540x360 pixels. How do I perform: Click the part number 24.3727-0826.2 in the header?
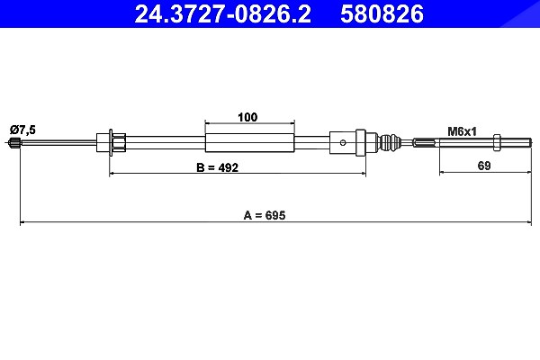(x=223, y=13)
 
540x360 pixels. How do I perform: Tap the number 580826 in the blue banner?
(x=382, y=13)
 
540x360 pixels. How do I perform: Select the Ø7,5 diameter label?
(x=22, y=130)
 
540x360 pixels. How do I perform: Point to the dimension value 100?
(x=247, y=117)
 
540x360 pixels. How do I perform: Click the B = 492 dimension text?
(x=217, y=167)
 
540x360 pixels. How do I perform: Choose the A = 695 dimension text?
(x=265, y=215)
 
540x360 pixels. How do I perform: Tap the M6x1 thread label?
(x=463, y=131)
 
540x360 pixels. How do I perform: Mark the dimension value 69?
(x=484, y=166)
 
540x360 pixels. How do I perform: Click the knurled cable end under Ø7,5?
(x=14, y=142)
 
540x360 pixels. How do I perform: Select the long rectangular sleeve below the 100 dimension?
(x=249, y=142)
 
